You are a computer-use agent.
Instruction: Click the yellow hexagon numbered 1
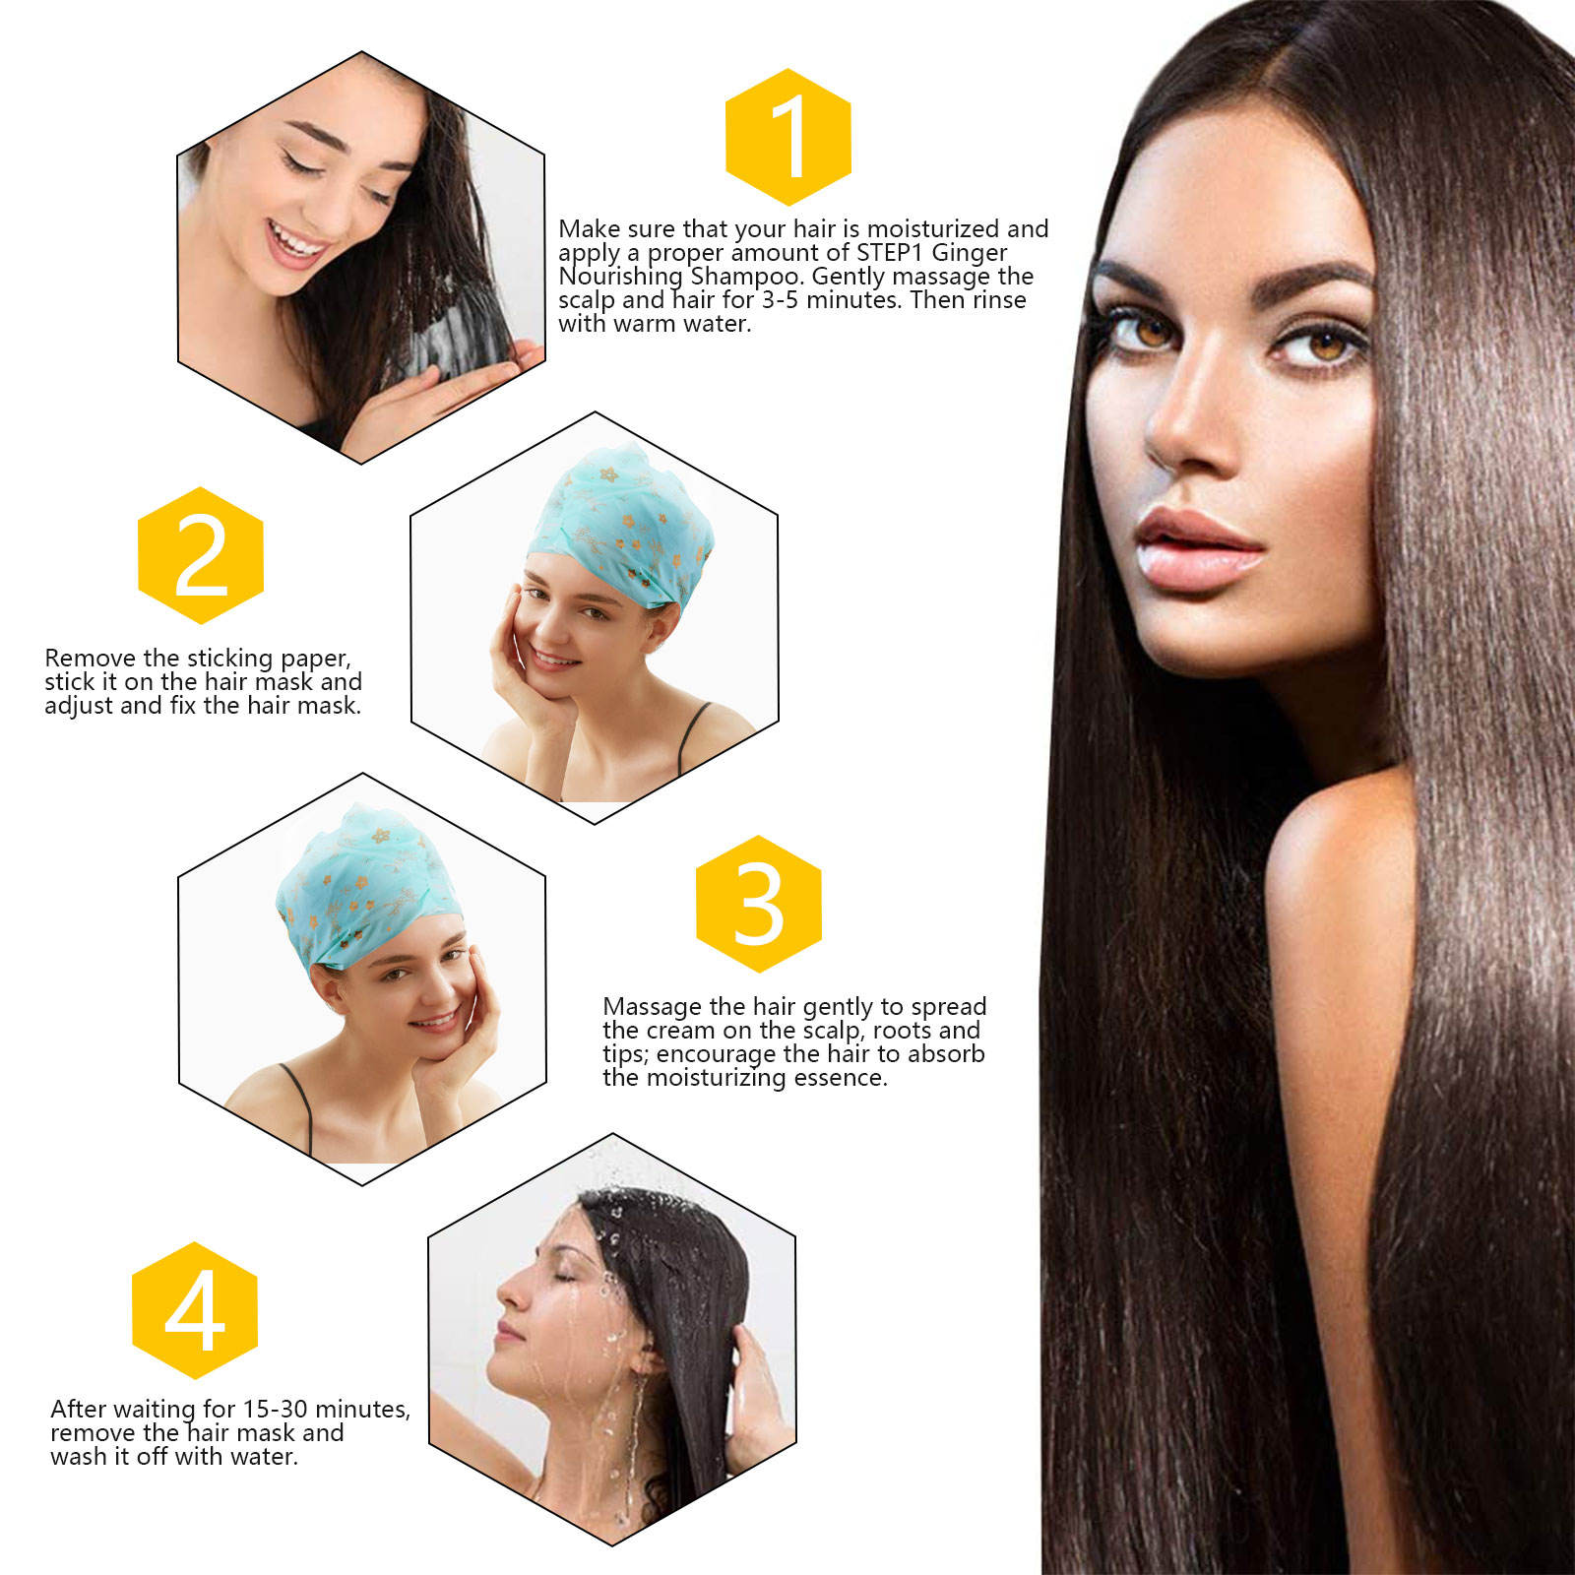787,138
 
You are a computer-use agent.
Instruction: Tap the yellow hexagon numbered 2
201,555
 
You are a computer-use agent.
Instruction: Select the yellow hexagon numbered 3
759,904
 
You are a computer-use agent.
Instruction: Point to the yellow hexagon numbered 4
195,1310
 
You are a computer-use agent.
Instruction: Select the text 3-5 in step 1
782,300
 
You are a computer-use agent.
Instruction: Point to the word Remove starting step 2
91,658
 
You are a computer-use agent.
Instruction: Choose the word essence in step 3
843,1078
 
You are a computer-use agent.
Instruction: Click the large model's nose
1186,424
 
